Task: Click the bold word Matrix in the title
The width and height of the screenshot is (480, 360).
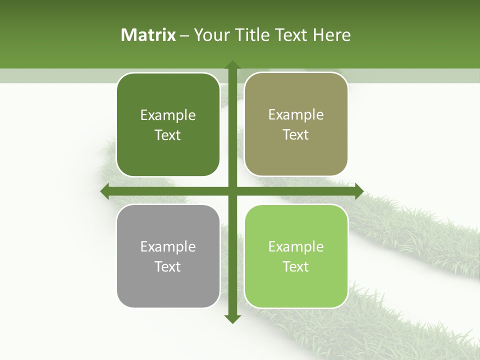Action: [x=148, y=34]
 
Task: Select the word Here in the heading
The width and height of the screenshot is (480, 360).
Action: [x=331, y=34]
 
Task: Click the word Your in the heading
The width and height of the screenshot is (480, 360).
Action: [x=209, y=34]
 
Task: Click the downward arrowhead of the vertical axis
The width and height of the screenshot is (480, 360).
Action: [x=232, y=318]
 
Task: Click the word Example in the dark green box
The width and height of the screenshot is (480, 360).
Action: [x=168, y=115]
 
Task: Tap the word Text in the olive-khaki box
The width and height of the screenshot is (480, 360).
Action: [x=296, y=135]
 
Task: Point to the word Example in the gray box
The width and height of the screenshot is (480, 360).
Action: [x=168, y=246]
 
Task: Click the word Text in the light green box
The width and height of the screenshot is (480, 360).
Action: [x=296, y=266]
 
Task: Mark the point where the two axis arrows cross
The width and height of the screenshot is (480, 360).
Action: [x=232, y=191]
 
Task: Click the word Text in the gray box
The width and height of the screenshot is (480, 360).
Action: [x=168, y=266]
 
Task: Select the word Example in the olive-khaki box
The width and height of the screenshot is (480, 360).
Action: [x=296, y=115]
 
